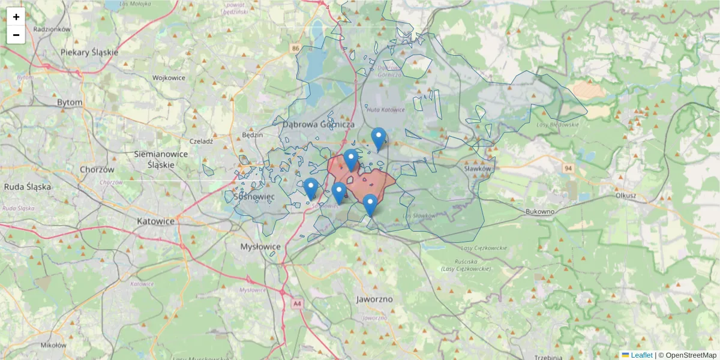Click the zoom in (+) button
pos(16,17)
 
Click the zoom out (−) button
pos(16,35)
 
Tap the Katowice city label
pos(155,221)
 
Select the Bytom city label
pos(70,103)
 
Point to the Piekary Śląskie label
pos(89,52)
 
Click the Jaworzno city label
pos(374,299)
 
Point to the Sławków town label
pos(478,169)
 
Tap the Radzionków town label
pos(52,29)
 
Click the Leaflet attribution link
pos(641,355)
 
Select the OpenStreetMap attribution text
pos(691,355)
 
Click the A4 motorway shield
pos(298,304)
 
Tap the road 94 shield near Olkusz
pos(568,169)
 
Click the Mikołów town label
pos(53,345)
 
